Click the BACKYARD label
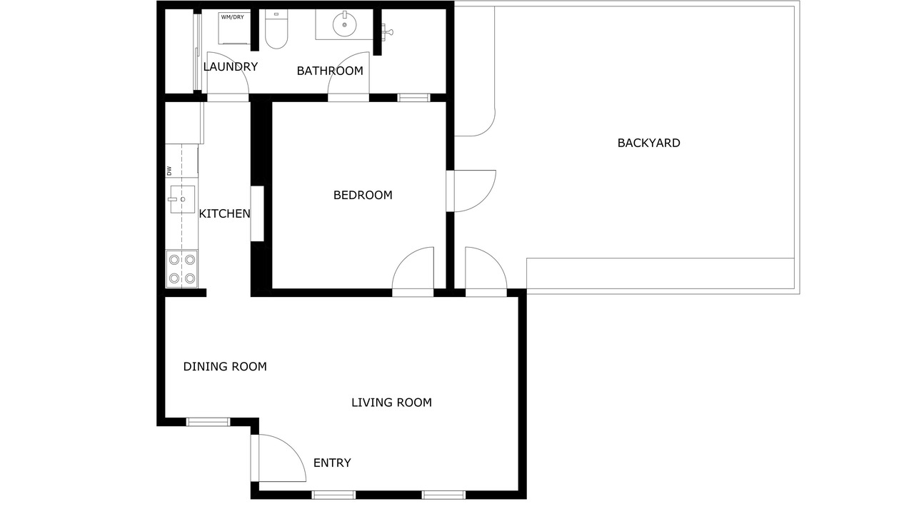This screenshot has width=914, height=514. (648, 143)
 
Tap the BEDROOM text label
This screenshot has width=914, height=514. (363, 196)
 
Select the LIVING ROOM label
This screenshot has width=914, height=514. (391, 403)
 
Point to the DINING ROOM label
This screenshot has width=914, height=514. (225, 367)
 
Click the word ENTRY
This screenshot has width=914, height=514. (332, 463)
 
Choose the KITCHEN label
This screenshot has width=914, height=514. (224, 213)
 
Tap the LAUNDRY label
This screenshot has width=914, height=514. (231, 66)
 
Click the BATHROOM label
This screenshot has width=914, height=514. (330, 71)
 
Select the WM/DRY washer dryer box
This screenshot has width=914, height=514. (234, 28)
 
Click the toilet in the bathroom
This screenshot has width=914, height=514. (276, 29)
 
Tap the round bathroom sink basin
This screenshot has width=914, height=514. (344, 24)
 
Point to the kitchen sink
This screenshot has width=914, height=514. (182, 199)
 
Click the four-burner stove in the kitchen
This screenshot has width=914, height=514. (181, 269)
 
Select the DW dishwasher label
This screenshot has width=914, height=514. (169, 171)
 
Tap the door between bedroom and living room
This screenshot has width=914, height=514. (413, 271)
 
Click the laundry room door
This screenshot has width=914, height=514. (228, 76)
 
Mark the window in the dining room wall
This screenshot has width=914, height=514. (208, 422)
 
